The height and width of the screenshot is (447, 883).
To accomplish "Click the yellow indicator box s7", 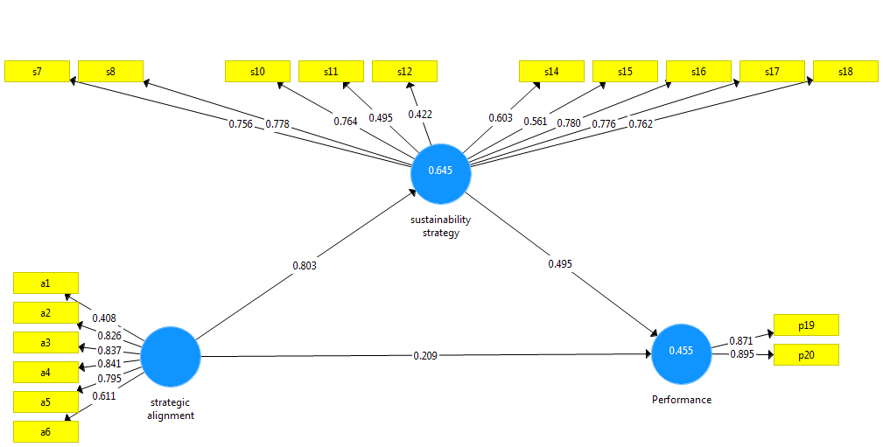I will coord(37,71).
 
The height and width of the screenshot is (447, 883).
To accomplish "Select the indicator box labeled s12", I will coord(404,71).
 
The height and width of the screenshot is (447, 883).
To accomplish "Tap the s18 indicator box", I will coord(845,71).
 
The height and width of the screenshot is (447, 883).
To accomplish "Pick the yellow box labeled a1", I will coord(46,283).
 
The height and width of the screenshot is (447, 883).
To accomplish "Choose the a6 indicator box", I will coord(46,431).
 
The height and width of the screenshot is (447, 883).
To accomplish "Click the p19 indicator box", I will coord(806,325).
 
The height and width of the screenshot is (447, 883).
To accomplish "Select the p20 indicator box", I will coord(806,355).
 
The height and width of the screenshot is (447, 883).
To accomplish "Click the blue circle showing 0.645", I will coord(441,171).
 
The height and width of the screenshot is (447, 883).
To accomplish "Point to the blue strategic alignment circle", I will coord(171,356).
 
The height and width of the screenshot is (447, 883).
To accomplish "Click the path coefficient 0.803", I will coord(304,265).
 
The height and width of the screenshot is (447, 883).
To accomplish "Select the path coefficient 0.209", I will coord(426,356).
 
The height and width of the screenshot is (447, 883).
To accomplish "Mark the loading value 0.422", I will coord(420,115).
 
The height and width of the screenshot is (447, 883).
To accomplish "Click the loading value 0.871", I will coord(740,339).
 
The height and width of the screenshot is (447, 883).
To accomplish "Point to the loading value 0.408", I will coord(103,318).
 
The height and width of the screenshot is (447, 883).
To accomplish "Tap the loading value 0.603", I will coord(501,117).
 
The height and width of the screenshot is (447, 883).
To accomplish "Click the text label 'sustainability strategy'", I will coord(441,227).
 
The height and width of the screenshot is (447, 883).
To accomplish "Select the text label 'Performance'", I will coord(682,400).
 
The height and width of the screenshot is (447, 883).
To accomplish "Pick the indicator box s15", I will coord(625,71).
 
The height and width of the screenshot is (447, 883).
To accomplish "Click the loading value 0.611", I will coord(105,395).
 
